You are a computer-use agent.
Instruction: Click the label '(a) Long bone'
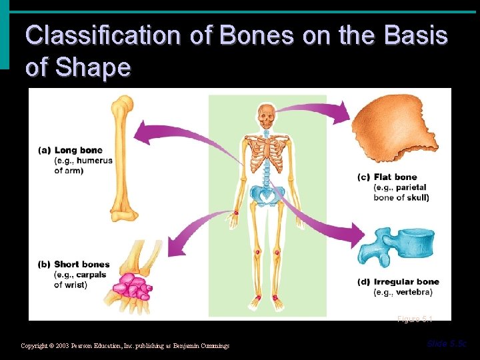(74, 151)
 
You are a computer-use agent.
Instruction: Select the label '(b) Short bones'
(77, 265)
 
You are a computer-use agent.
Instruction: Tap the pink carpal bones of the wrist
(132, 287)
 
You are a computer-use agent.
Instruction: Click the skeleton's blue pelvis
(267, 195)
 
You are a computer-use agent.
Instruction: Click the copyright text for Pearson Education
(125, 346)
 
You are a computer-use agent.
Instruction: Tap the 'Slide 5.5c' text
(447, 343)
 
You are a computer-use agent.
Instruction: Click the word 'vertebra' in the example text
(414, 292)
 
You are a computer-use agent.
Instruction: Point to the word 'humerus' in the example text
(95, 161)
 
